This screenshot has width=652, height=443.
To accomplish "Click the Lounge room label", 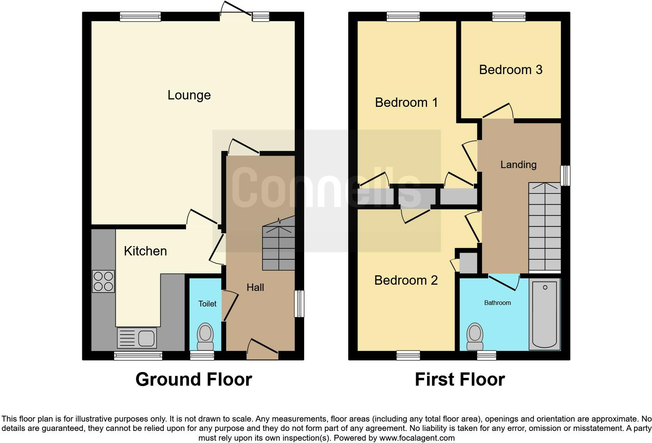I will point(189,95).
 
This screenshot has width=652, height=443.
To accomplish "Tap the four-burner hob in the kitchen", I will point(103,281).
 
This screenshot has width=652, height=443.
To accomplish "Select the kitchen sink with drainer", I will point(137,338).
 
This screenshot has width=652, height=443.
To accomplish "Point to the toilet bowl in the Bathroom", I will point(475,336).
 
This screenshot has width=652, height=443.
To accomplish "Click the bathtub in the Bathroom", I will point(544,314).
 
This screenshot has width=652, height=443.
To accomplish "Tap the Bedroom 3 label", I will point(510,70).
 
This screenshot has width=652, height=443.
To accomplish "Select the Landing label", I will point(518,165).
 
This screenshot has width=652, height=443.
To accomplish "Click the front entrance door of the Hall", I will point(262,350).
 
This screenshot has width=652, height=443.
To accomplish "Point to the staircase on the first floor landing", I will point(544,228).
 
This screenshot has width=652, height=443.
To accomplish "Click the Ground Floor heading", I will point(193,379).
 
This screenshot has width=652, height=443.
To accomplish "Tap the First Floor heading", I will point(459,379).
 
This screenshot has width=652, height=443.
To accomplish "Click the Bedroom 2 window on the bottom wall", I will point(408,355).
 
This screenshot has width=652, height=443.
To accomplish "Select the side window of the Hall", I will point(299,303).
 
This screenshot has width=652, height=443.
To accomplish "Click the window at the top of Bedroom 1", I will point(403,16).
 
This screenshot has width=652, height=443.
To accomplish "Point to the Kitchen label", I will point(145,251).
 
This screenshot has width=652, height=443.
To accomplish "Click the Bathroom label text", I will point(497,303).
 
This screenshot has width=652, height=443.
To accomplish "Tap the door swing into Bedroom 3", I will point(498,111).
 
